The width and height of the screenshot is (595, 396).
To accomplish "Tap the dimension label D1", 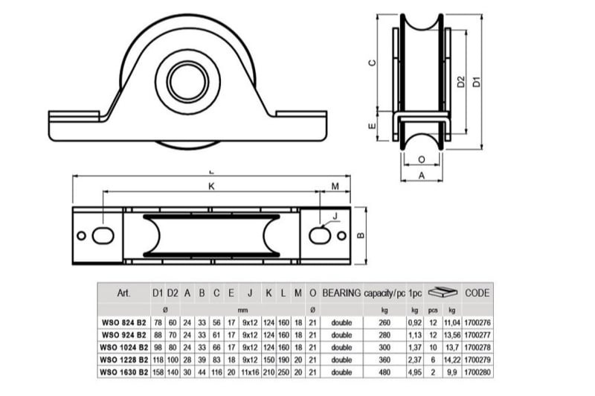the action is (x=477, y=82).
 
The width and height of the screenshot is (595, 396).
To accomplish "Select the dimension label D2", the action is (x=460, y=82).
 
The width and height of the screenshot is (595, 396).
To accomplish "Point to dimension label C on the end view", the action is (x=373, y=63).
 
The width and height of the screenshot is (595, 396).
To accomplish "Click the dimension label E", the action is (x=373, y=126).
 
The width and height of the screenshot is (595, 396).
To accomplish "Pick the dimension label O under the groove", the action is (x=422, y=159).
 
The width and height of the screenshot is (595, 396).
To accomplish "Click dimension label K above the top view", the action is (x=212, y=186).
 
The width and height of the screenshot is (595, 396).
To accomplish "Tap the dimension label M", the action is (x=335, y=186).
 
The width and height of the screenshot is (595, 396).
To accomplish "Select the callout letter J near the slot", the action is (x=335, y=216).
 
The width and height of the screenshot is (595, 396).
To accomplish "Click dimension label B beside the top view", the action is (x=361, y=235).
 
